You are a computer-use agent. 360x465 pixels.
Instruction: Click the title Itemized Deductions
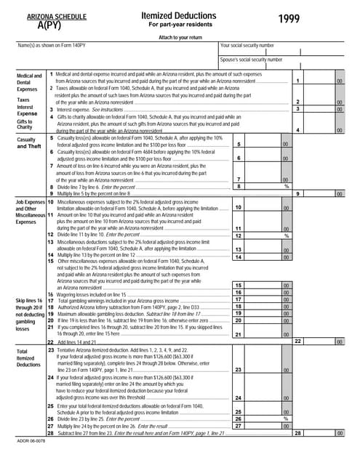coord(173,15)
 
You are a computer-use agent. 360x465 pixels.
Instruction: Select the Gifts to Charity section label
coord(25,124)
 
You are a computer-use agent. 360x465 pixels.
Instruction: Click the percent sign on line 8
coord(286,187)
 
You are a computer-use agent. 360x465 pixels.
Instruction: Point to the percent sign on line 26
coord(286,418)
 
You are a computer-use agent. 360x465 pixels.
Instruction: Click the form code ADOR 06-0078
coord(30,440)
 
